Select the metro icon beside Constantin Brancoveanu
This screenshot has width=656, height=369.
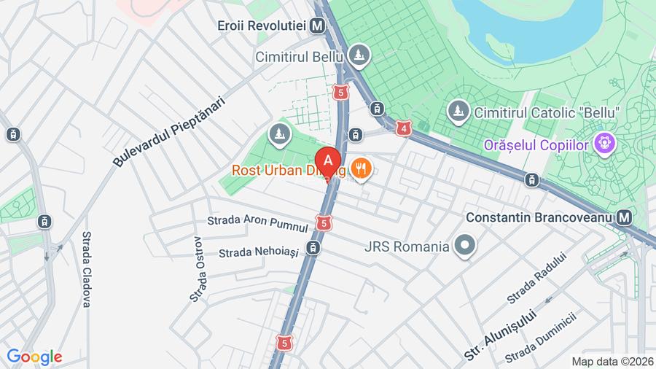click(623, 217)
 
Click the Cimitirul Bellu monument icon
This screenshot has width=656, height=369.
click(359, 55)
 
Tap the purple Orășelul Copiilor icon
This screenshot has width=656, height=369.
click(603, 144)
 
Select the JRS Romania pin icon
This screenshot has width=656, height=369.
click(464, 246)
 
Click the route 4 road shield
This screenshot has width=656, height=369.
click(403, 128)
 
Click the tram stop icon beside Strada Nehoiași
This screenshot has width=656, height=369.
click(313, 249)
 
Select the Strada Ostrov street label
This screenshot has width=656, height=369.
click(198, 269)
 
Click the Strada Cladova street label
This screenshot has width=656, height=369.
click(86, 269)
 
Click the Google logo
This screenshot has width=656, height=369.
click(34, 357)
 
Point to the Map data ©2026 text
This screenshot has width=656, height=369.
click(611, 361)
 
